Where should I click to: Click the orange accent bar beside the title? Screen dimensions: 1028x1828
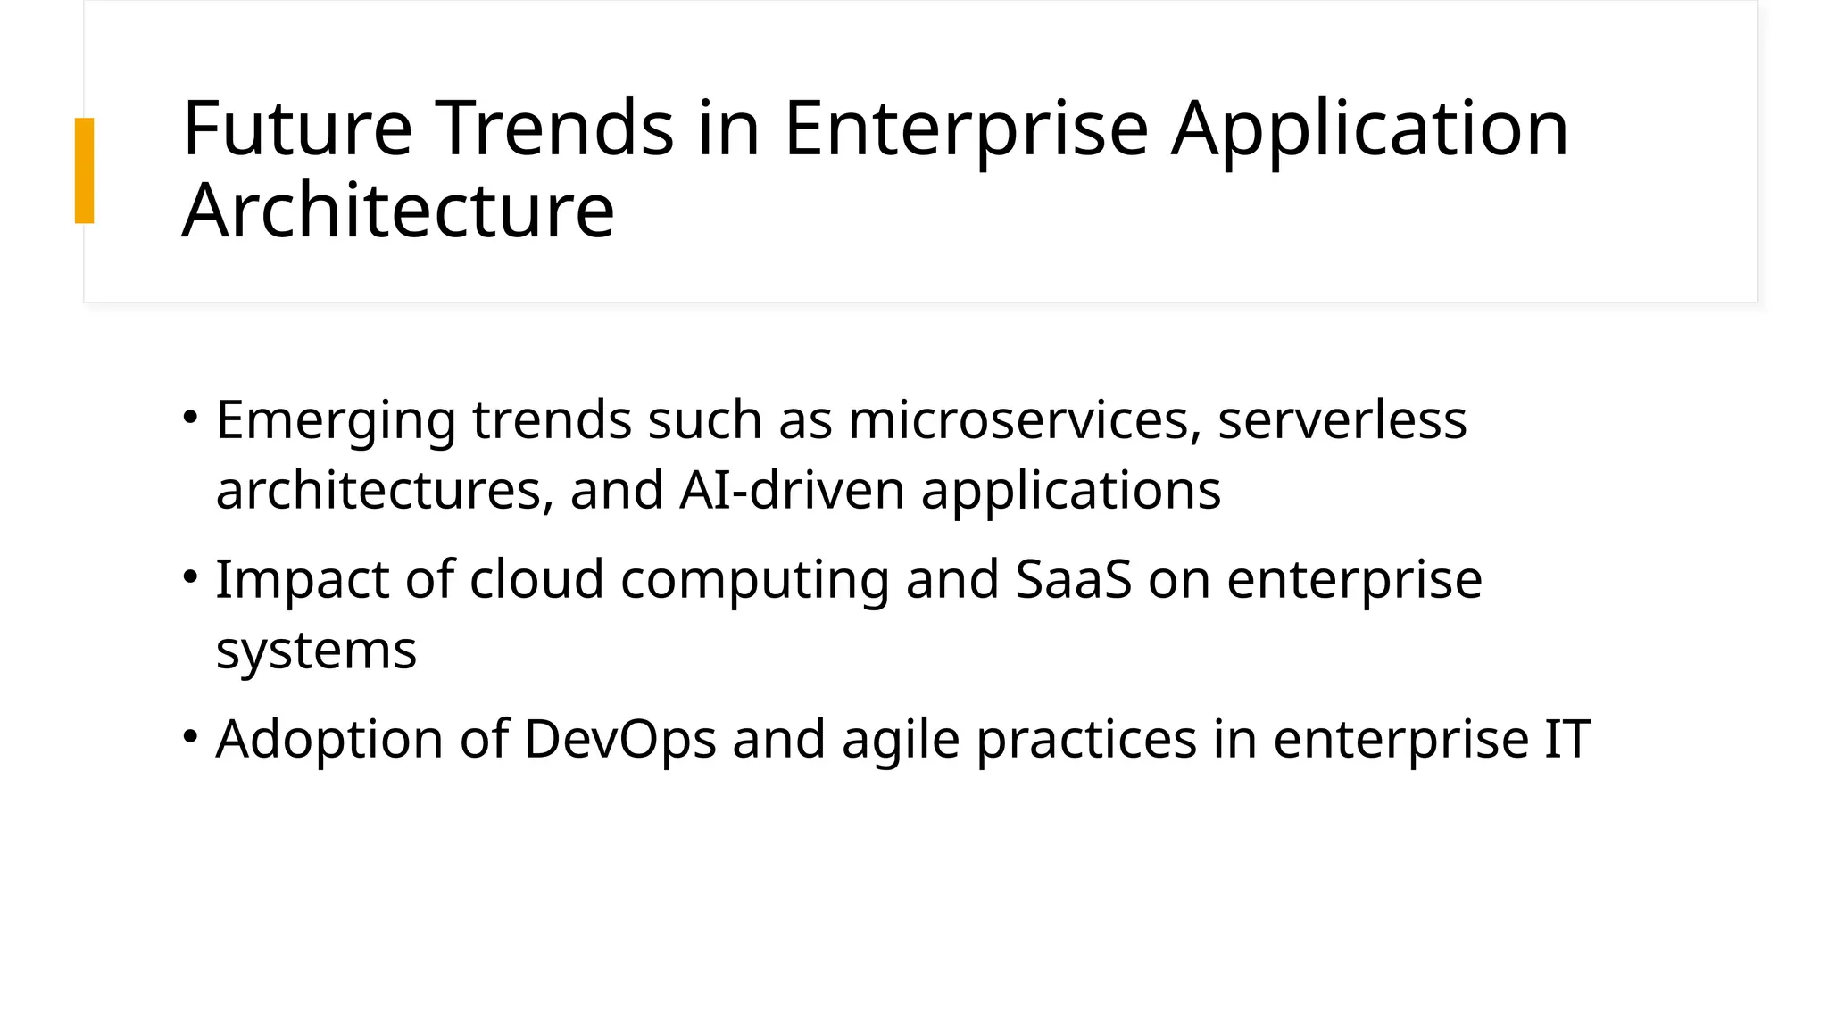[84, 170]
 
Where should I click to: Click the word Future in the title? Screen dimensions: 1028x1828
[297, 129]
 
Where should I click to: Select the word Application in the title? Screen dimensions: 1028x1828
[1369, 129]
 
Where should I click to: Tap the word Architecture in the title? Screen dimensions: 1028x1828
[398, 211]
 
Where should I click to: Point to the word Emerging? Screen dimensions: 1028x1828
[336, 421]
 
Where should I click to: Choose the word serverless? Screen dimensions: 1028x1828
[1342, 419]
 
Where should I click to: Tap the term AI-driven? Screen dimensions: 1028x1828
[792, 490]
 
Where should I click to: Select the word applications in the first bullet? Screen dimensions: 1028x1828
[1070, 492]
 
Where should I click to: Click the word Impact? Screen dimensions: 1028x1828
[303, 581]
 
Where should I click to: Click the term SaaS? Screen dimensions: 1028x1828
[1074, 579]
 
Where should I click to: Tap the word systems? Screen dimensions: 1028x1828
[316, 651]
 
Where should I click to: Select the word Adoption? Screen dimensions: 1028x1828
[329, 741]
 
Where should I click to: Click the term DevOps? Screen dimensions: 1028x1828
[620, 740]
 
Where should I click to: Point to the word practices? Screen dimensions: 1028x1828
[1086, 741]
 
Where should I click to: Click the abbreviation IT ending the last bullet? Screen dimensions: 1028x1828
[1566, 740]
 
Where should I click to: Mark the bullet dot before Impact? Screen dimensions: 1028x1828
[189, 576]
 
